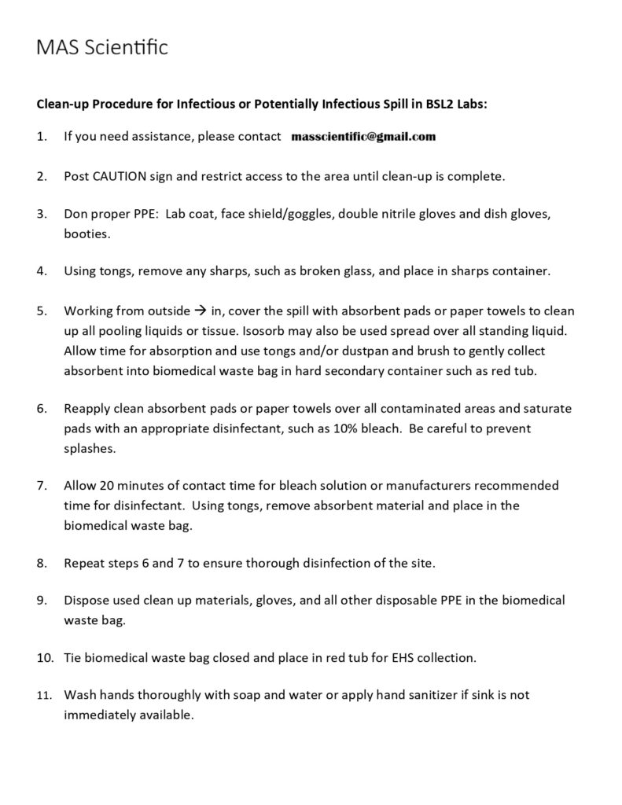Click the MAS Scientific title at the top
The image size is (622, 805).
(102, 49)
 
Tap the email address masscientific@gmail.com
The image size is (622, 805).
(363, 137)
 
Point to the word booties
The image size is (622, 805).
(87, 233)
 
